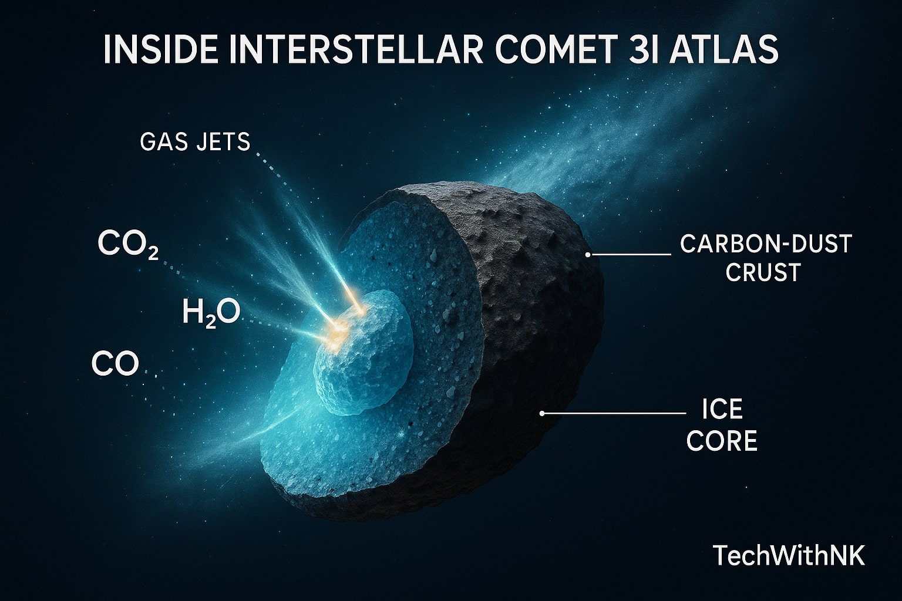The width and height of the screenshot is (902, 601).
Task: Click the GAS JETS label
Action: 195,142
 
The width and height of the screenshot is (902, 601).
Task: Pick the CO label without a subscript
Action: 116,364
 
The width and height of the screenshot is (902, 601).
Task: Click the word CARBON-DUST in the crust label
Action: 766,244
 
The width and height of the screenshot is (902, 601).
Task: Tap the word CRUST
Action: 763,272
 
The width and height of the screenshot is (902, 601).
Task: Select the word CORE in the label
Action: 722,441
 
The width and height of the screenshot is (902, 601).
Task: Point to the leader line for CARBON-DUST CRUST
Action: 631,255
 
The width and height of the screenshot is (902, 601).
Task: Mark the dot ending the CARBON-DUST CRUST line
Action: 588,255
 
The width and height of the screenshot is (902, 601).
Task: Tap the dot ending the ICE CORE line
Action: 543,413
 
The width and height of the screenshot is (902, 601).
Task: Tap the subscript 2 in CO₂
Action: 152,253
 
